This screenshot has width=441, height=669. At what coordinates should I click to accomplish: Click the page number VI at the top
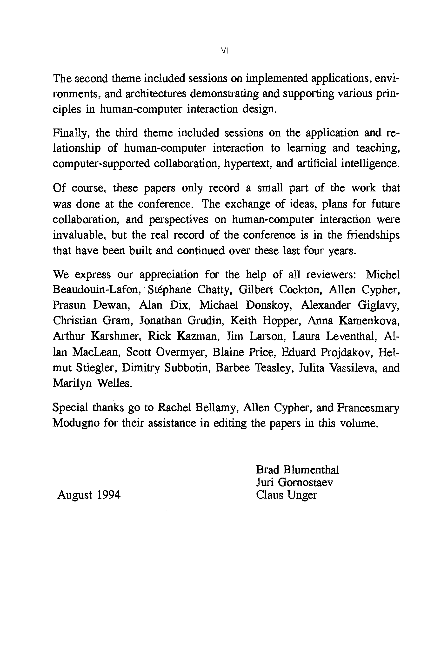[224, 51]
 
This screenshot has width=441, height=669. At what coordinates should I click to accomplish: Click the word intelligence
[370, 163]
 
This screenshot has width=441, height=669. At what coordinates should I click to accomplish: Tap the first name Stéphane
[168, 290]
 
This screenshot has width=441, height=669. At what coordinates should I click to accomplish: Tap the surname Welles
[114, 383]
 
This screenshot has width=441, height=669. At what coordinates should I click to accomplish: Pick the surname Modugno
[76, 423]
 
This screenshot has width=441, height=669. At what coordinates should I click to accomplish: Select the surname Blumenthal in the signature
[311, 470]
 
